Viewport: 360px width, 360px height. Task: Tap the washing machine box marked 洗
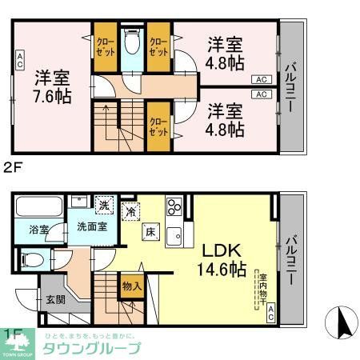[x=103, y=205]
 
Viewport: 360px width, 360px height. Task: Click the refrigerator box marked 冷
[x=131, y=212]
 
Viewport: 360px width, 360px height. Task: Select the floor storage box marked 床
[x=149, y=232]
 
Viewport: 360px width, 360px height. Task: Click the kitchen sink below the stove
[x=175, y=236]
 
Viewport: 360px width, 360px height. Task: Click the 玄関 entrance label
[x=55, y=300]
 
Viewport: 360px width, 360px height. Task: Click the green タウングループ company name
[x=90, y=348]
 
